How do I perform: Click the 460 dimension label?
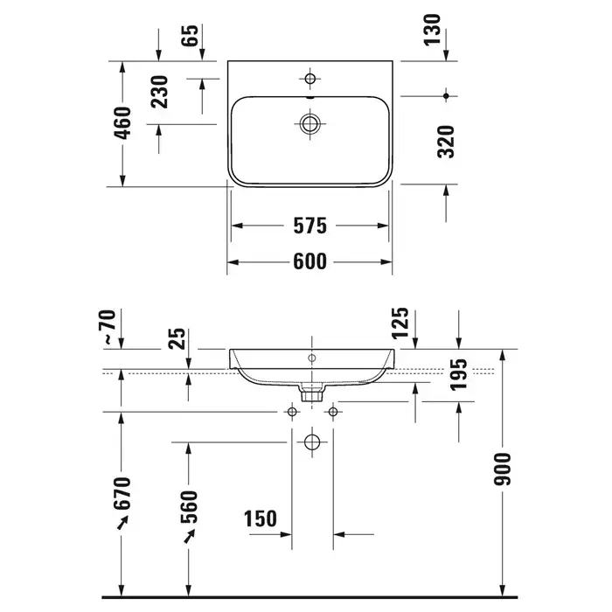click(122, 123)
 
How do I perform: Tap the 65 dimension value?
click(190, 36)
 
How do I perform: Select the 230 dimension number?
click(160, 92)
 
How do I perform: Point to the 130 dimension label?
click(433, 30)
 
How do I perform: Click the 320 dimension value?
click(446, 142)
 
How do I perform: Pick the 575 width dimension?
click(309, 226)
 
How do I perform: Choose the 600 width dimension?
click(309, 261)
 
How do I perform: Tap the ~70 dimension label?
click(108, 327)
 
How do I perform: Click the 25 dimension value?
click(177, 339)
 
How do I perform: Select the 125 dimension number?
click(400, 323)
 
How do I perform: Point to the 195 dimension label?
click(459, 374)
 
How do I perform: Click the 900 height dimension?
click(503, 469)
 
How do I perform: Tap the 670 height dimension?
click(122, 493)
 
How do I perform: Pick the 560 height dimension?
click(190, 507)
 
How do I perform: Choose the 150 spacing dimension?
click(261, 518)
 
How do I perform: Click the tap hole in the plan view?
click(310, 79)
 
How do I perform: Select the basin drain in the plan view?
click(309, 124)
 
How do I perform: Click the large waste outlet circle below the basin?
click(312, 442)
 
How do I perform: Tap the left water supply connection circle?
click(292, 412)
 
